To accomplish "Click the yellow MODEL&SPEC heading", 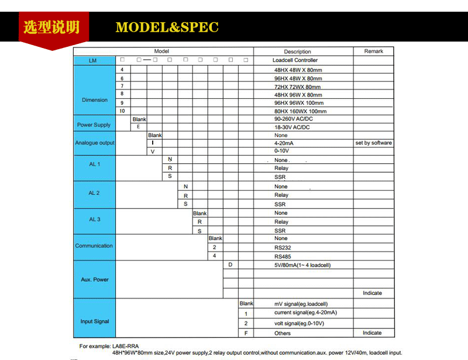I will pos(167,28).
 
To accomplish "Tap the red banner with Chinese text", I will pos(50,28).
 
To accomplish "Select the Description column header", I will pos(297,52).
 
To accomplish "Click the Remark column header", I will pos(373,52).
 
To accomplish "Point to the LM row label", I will pos(93,60).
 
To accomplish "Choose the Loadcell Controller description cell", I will pos(295,60).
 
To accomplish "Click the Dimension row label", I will pos(95,100).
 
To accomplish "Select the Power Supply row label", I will pos(94,125).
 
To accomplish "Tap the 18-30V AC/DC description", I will pos(292,127).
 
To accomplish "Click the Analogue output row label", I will pos(95,143).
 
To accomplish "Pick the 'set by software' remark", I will pos(373,143).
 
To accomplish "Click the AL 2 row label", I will pos(94,193).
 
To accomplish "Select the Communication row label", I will pos(94,246).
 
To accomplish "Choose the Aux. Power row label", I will pos(95,280).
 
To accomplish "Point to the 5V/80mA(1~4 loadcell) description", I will pos(302,265).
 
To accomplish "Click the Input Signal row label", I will pos(95,321).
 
